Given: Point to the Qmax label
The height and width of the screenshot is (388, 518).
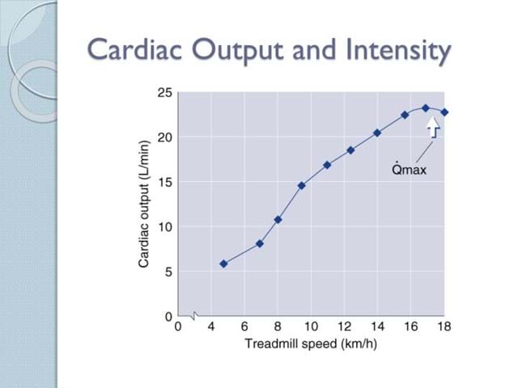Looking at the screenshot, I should [x=408, y=171].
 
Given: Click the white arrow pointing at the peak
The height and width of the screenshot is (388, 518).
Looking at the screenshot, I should [x=434, y=126].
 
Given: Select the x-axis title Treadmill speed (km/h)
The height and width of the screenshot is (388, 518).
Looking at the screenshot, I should [x=311, y=344].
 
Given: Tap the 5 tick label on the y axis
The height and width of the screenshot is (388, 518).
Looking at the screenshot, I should [x=167, y=272].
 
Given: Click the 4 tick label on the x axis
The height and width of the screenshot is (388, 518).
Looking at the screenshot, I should [x=211, y=327].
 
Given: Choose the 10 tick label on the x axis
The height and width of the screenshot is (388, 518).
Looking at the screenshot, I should [x=311, y=327].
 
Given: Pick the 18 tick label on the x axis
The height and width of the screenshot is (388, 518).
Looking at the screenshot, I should [x=444, y=327].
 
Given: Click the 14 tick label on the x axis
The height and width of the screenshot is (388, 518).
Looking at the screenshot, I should [x=377, y=327].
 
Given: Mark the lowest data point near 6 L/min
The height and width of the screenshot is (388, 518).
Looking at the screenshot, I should [x=223, y=264].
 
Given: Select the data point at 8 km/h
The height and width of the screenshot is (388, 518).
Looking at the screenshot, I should [x=278, y=219].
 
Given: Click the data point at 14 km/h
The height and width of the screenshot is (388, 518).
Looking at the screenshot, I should [x=377, y=133].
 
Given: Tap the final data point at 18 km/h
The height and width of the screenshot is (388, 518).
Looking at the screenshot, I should [x=444, y=112].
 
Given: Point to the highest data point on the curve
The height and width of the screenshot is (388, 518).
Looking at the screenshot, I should [x=425, y=108].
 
